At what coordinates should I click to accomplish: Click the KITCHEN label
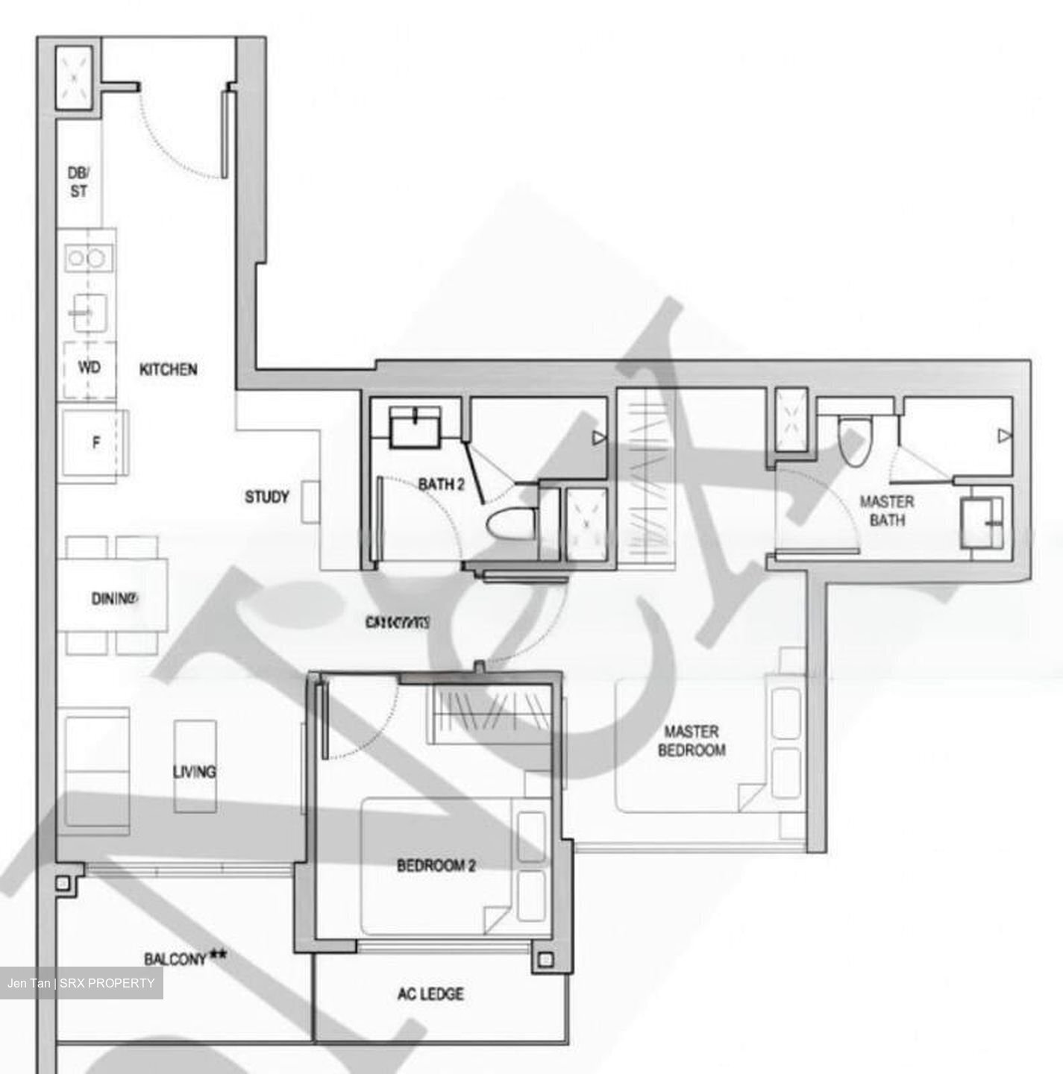pos(169,369)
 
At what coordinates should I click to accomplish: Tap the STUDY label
pos(266,497)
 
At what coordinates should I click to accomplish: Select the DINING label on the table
pos(114,598)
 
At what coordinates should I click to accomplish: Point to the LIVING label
pos(194,771)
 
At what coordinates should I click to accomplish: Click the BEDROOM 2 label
pos(436,866)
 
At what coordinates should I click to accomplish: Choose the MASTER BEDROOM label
pos(691,741)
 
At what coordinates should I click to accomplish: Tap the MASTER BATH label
pos(886,510)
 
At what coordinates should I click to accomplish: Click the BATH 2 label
pos(441,485)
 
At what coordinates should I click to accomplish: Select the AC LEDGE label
pos(430,993)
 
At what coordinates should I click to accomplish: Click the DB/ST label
pos(78,182)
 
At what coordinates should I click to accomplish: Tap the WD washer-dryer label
pos(89,368)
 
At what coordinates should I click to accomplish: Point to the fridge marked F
pos(95,442)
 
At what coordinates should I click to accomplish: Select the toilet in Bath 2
pos(511,522)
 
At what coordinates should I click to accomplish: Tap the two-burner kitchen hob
pos(87,258)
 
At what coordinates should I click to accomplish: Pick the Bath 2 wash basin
pos(416,427)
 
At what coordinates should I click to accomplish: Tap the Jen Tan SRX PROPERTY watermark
pos(81,983)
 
